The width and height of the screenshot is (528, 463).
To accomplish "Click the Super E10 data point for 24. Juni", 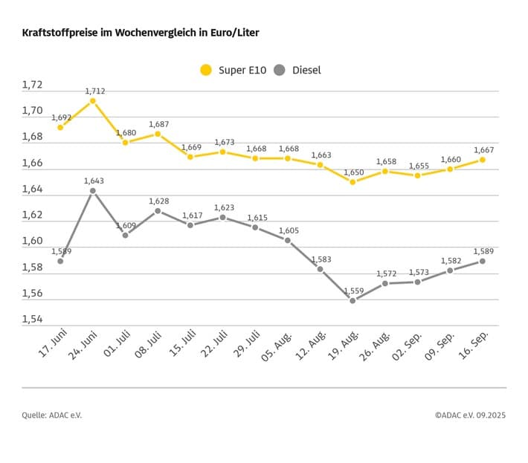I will (x=92, y=100).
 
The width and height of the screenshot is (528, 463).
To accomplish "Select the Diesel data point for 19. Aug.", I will (x=352, y=300).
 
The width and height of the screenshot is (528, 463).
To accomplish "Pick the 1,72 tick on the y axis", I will (x=33, y=85).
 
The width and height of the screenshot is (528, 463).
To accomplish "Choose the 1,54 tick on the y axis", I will (x=33, y=320).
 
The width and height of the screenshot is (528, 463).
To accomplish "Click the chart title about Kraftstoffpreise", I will (x=141, y=33).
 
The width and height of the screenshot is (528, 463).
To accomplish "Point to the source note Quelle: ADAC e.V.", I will (x=51, y=415).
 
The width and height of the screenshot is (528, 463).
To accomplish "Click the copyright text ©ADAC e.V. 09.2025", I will (x=470, y=415).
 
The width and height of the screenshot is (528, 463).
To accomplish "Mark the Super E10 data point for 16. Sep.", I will (x=483, y=159).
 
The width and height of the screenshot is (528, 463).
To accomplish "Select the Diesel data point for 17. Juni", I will (x=60, y=261).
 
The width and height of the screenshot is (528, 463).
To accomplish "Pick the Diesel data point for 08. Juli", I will (x=158, y=210).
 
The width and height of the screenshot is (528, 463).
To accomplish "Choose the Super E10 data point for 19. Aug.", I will (x=352, y=181).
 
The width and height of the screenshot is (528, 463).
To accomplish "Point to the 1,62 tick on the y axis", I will (x=33, y=216).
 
